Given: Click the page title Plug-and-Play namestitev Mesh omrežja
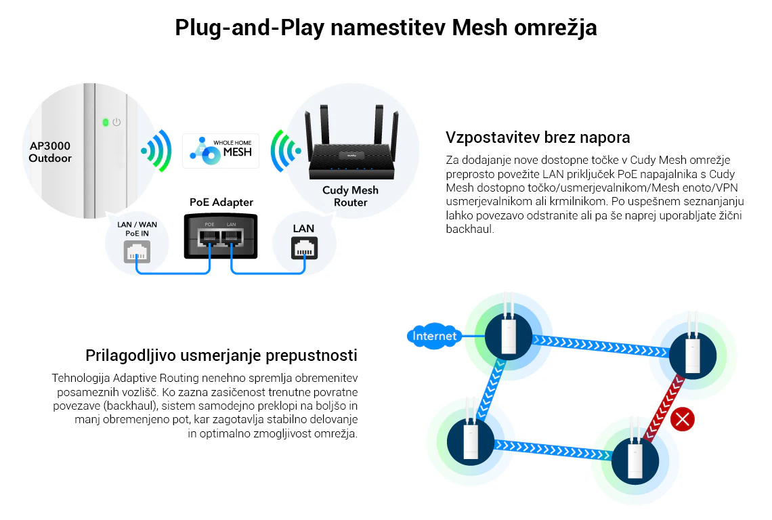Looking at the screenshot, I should [x=385, y=28].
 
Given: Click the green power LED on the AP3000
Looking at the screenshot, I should [x=105, y=123].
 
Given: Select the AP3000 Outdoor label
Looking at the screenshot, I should [x=50, y=152].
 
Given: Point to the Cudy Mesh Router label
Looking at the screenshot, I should [x=350, y=196].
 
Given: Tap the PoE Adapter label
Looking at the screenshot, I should [x=221, y=202].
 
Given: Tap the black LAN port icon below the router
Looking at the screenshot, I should [x=303, y=248].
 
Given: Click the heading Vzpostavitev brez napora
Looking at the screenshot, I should [x=538, y=137].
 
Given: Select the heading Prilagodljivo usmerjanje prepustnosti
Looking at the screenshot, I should [x=221, y=355].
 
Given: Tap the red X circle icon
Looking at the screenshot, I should [x=682, y=420].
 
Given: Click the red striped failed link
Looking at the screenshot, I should [x=663, y=410].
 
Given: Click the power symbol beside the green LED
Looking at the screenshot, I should [x=116, y=123].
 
